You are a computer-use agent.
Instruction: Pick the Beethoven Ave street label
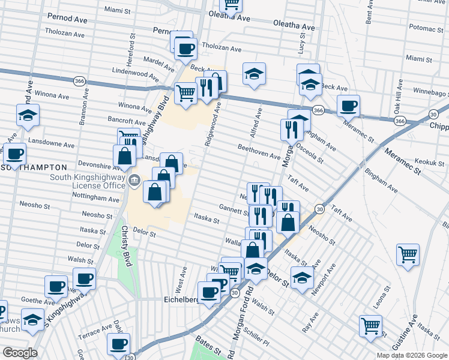click(x=259, y=151)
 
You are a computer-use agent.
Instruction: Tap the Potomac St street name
click(x=425, y=28)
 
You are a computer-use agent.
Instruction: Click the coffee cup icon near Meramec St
click(x=348, y=106)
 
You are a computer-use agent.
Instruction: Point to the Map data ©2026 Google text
click(x=412, y=355)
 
